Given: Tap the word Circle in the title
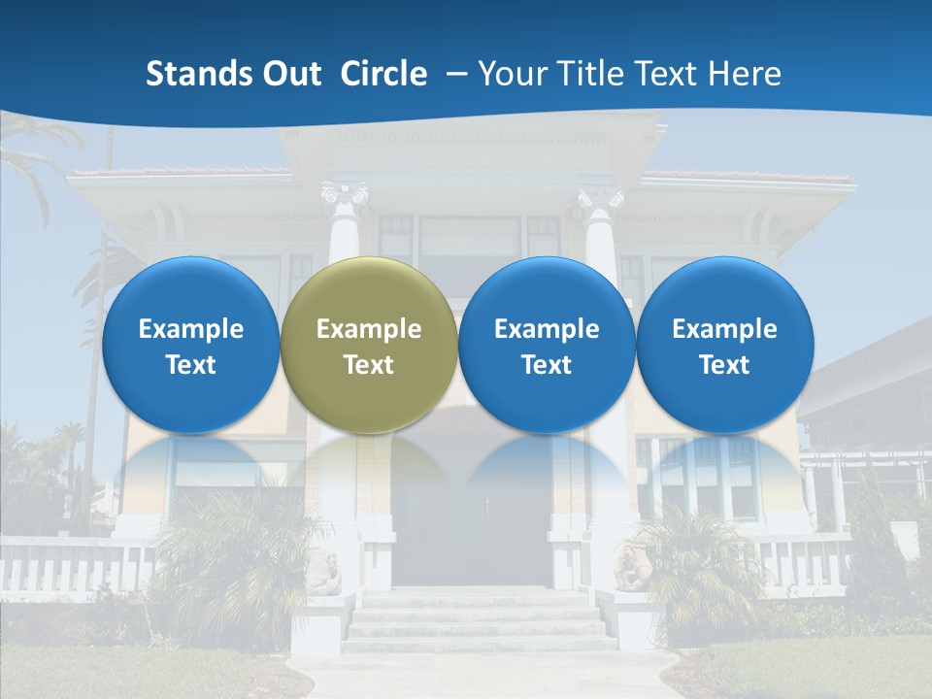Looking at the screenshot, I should click(x=383, y=74).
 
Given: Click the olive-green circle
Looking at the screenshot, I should click(x=369, y=345).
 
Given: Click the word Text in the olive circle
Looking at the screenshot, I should click(x=369, y=365).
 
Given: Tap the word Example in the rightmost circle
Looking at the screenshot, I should click(x=724, y=329).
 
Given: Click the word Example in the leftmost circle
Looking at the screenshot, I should click(x=190, y=329).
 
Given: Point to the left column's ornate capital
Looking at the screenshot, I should click(x=346, y=197).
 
